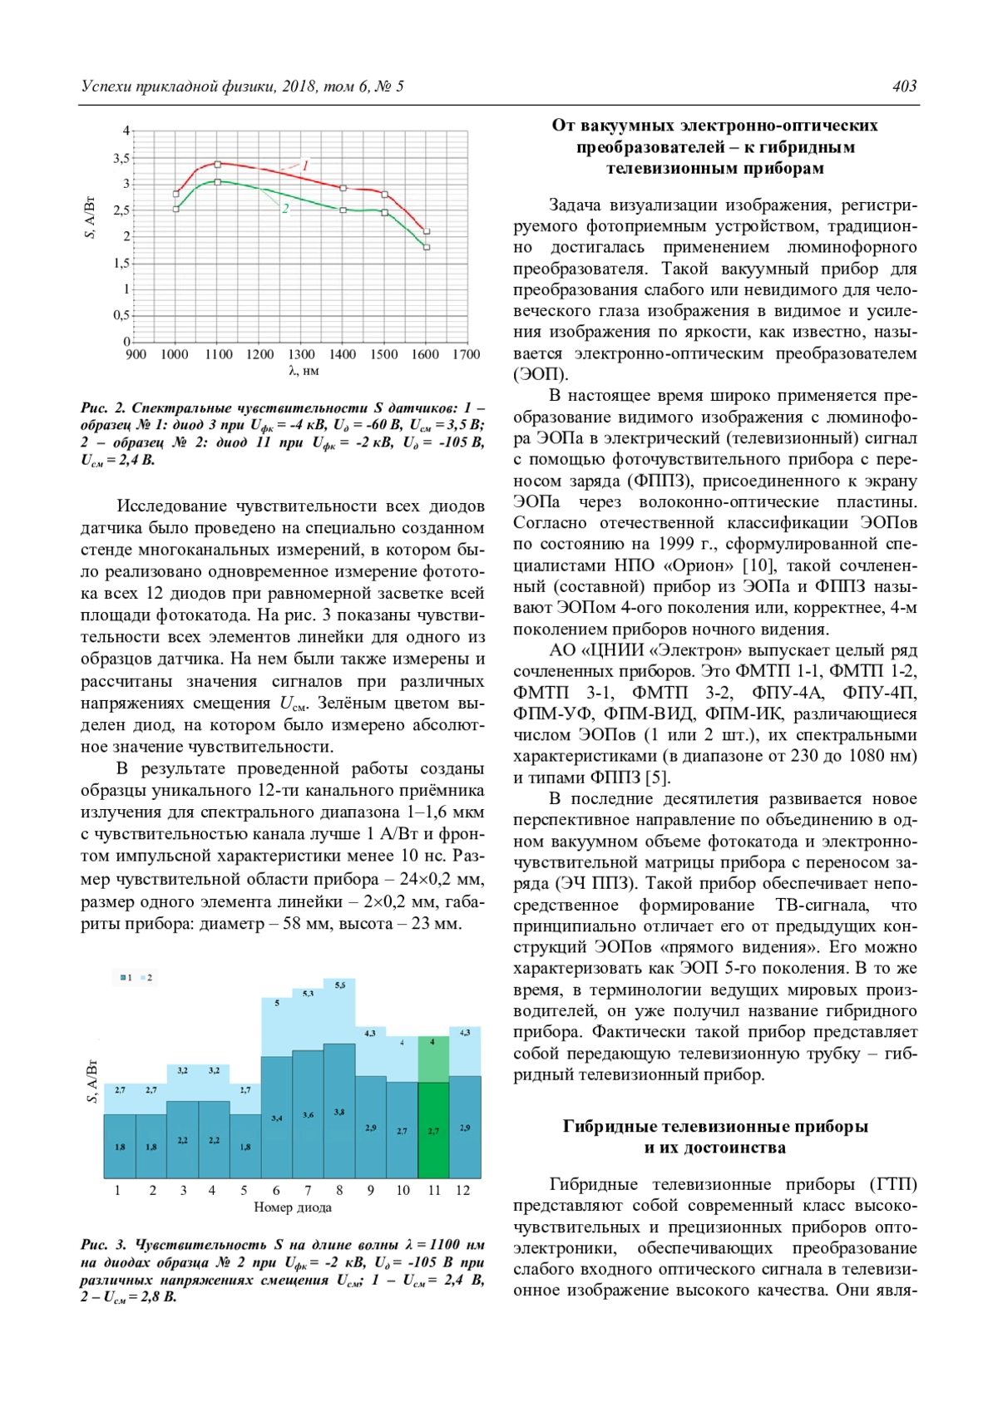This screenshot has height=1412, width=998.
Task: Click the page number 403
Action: pos(904,86)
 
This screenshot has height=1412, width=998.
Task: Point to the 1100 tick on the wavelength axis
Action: pos(219,354)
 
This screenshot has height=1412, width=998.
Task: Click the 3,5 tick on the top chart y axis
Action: pos(121,158)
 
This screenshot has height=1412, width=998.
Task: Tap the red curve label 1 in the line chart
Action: pos(305,165)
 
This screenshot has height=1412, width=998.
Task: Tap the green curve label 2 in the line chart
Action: pos(285,209)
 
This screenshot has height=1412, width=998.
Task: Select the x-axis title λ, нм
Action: pos(304,371)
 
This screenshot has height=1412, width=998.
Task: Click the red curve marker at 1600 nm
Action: pos(427,231)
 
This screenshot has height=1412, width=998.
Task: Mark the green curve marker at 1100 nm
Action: pos(218,181)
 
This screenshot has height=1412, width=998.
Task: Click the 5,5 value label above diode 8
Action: pos(339,985)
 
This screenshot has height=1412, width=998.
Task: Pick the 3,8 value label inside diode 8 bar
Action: pos(339,1112)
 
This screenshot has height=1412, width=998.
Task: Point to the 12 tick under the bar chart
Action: pos(463,1190)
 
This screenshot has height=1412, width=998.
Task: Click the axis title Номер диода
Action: pos(292,1207)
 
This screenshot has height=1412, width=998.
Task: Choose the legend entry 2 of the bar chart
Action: pos(147,977)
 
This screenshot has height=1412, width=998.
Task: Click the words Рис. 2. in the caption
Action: pos(103,408)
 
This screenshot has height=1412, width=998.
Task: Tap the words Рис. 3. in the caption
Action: pos(103,1245)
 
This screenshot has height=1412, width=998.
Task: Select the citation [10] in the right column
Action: pos(758,565)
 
